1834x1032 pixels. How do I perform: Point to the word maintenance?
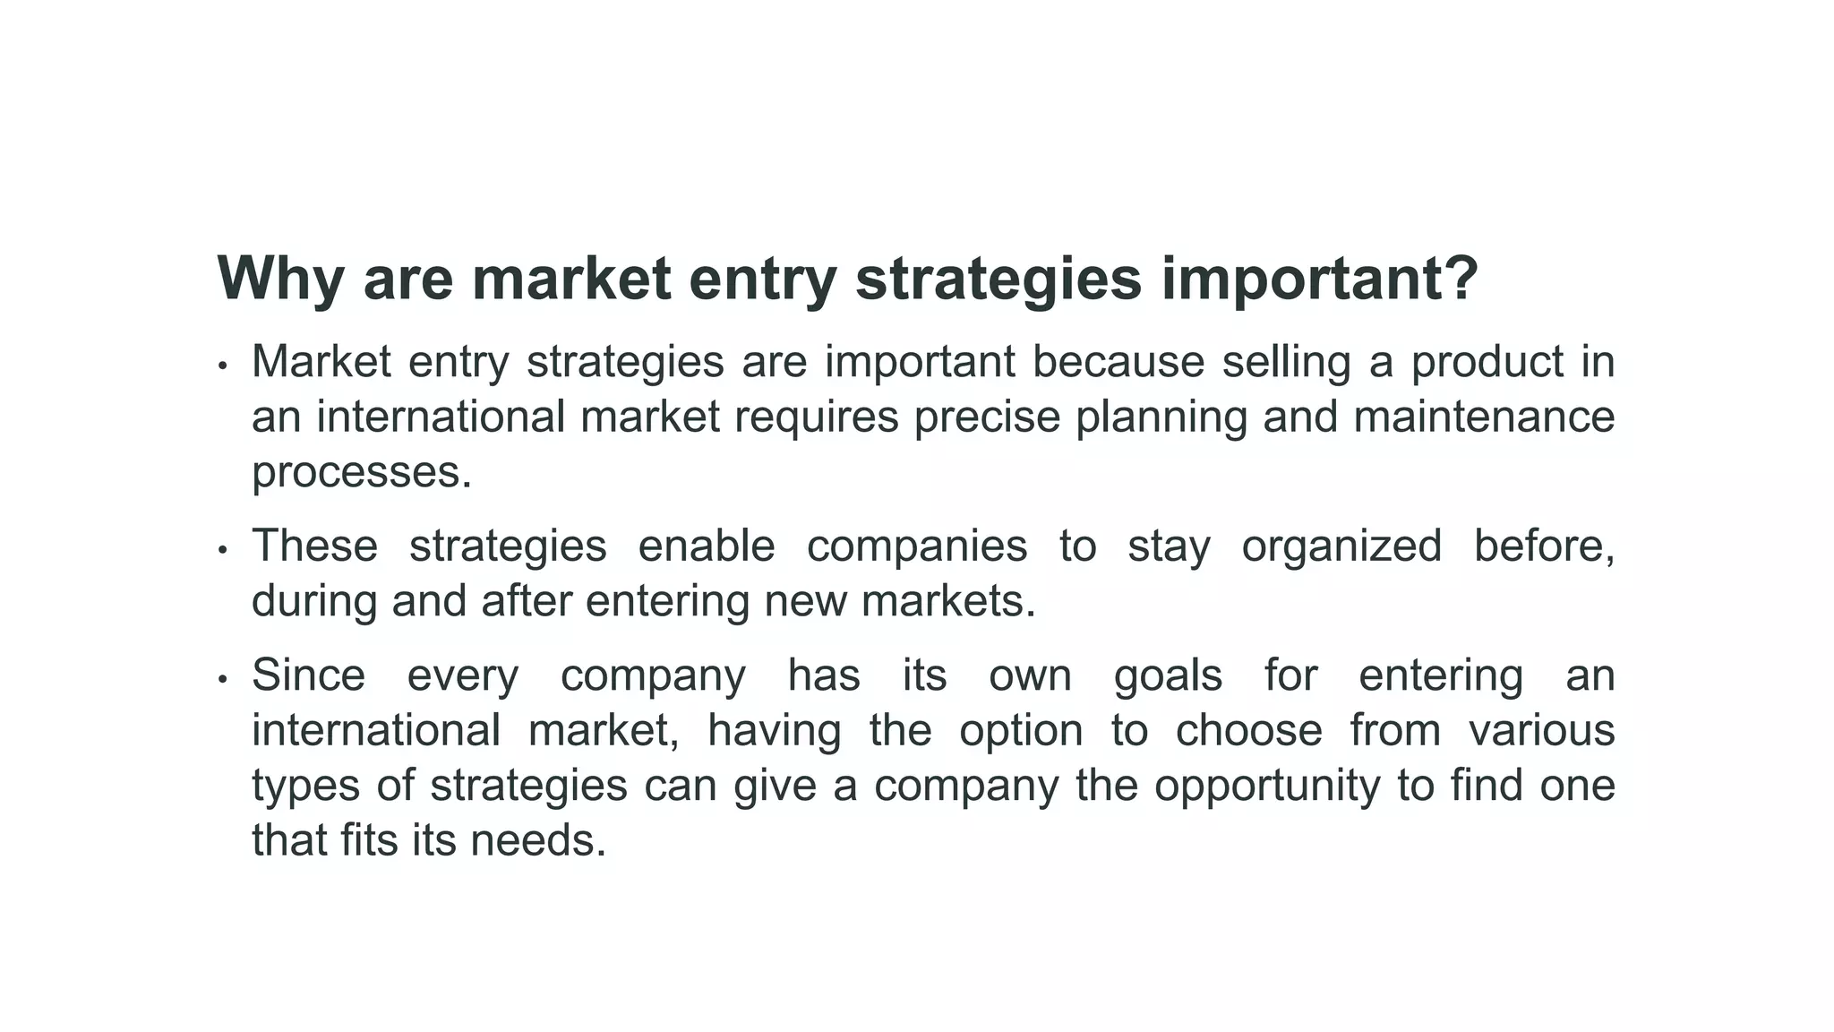(1484, 417)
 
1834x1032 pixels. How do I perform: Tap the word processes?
(361, 473)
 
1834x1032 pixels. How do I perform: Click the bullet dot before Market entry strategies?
(223, 366)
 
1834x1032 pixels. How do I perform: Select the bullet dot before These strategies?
(223, 550)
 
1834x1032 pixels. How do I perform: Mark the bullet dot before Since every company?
(223, 679)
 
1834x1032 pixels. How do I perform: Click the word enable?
(706, 546)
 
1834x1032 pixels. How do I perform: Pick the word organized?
(1341, 546)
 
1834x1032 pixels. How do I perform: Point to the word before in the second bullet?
(1544, 546)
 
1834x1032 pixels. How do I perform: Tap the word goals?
(1168, 675)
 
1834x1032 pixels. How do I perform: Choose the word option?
(1021, 731)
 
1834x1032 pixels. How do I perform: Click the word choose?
(1248, 731)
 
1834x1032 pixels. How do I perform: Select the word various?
(1542, 731)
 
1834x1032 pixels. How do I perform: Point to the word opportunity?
(1267, 787)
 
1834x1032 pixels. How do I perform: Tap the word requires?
(816, 417)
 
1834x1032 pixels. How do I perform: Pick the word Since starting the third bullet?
(308, 675)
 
